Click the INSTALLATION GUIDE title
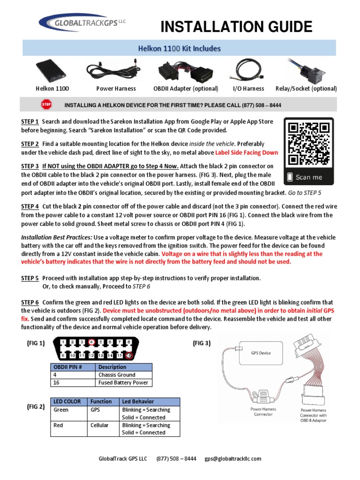236,27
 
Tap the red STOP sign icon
46,104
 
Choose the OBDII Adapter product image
185,70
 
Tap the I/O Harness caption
248,89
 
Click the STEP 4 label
30,206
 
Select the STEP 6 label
30,302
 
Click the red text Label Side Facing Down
247,152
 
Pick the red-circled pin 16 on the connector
129,356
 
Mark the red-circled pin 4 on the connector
92,342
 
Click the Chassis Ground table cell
117,375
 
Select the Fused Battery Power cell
123,382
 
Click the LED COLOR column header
67,402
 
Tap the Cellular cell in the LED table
99,425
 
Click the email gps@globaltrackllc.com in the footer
232,458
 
